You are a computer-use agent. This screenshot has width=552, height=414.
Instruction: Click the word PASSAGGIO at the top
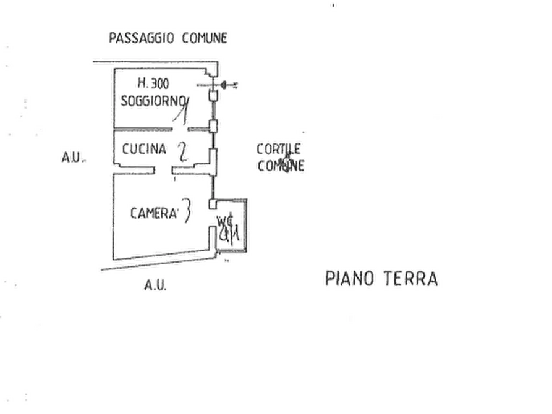142,38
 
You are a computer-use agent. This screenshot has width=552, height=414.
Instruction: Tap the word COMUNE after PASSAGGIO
205,38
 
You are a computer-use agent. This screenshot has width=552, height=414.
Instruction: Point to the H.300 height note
154,83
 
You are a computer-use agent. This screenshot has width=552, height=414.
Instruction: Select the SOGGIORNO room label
153,100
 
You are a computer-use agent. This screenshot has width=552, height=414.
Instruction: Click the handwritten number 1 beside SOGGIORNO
182,110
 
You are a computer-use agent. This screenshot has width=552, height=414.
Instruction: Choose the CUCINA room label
145,149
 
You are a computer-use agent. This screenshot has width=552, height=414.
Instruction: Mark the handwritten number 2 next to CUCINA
182,151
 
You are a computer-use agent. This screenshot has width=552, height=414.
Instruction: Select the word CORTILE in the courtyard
279,150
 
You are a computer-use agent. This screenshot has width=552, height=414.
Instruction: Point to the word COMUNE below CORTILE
281,166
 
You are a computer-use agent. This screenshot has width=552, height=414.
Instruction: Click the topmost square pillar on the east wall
212,96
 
